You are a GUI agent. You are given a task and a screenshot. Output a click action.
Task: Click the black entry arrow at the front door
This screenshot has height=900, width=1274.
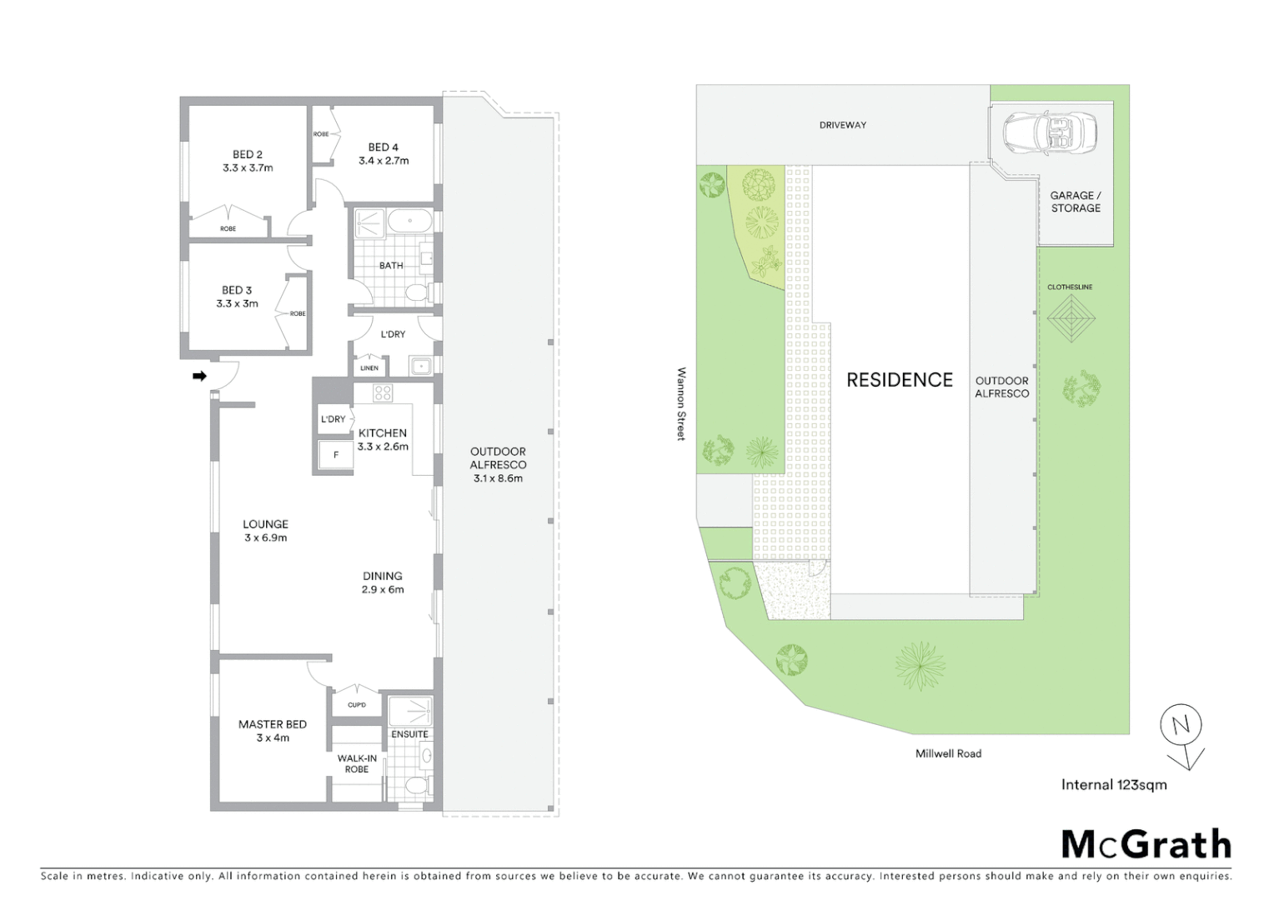199,377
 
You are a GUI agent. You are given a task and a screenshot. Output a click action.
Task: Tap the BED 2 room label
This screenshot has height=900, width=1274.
248,154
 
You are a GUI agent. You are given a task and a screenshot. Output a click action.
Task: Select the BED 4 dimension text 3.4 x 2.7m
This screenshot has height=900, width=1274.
384,161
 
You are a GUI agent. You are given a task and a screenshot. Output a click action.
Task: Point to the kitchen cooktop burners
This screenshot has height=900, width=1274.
383,393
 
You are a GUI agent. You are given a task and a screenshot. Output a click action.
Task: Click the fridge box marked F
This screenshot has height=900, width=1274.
336,455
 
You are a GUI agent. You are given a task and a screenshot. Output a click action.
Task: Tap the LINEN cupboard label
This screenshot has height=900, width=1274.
369,367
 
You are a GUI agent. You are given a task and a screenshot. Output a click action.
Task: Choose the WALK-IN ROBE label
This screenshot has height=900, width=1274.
357,763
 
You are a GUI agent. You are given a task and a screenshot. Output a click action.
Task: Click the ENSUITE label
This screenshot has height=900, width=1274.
409,734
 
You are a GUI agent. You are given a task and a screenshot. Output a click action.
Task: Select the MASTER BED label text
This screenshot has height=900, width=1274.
273,724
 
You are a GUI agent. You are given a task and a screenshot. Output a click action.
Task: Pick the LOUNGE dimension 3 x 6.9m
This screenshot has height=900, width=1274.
266,538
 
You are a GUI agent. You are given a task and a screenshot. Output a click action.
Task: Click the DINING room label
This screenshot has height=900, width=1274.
383,576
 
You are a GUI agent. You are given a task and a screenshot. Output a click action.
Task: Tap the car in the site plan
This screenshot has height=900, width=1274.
1051,132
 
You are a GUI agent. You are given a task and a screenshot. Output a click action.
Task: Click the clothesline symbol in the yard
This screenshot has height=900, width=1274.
1071,317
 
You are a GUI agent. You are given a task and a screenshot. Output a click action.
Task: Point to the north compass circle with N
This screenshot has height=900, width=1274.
1181,725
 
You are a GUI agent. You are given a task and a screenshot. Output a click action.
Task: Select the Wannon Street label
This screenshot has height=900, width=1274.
681,404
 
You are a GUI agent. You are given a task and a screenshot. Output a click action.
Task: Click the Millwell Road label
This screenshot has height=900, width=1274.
948,753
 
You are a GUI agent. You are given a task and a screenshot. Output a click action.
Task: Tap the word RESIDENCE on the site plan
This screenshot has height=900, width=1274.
899,380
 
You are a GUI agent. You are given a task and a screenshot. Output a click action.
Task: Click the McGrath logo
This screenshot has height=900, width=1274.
1146,844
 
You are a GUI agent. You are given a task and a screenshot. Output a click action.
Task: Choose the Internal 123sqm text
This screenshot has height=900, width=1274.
1114,784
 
